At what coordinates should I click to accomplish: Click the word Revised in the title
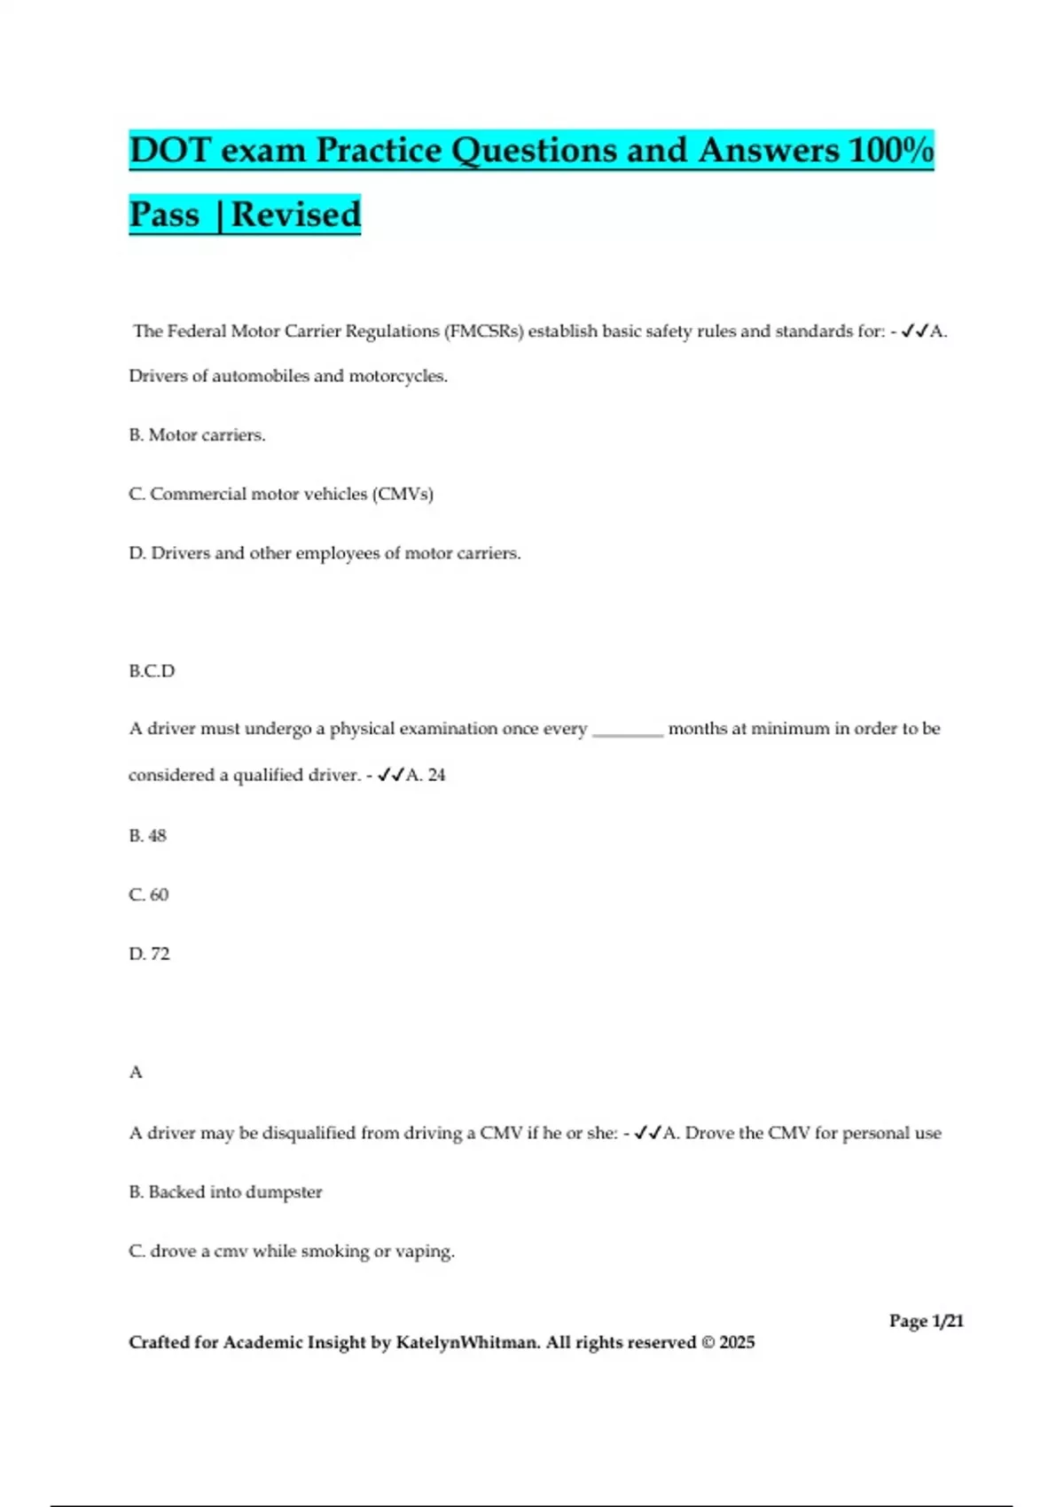(295, 215)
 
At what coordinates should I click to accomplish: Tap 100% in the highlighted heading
(890, 150)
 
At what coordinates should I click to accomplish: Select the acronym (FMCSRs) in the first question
(484, 332)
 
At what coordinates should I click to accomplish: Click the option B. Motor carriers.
(197, 435)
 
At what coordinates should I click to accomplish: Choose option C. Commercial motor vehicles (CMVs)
(281, 494)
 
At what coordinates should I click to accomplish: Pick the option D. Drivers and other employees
(325, 553)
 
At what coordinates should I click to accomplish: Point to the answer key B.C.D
(152, 671)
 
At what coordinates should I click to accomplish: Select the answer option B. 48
(147, 835)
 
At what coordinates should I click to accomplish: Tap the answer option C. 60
(148, 894)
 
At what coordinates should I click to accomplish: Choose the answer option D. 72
(149, 954)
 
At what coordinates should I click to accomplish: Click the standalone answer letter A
(136, 1073)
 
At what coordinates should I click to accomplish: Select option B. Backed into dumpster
(225, 1192)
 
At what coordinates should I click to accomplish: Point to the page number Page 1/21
(926, 1321)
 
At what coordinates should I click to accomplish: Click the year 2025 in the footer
(737, 1342)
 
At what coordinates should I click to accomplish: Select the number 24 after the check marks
(436, 775)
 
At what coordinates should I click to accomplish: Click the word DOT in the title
(168, 150)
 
